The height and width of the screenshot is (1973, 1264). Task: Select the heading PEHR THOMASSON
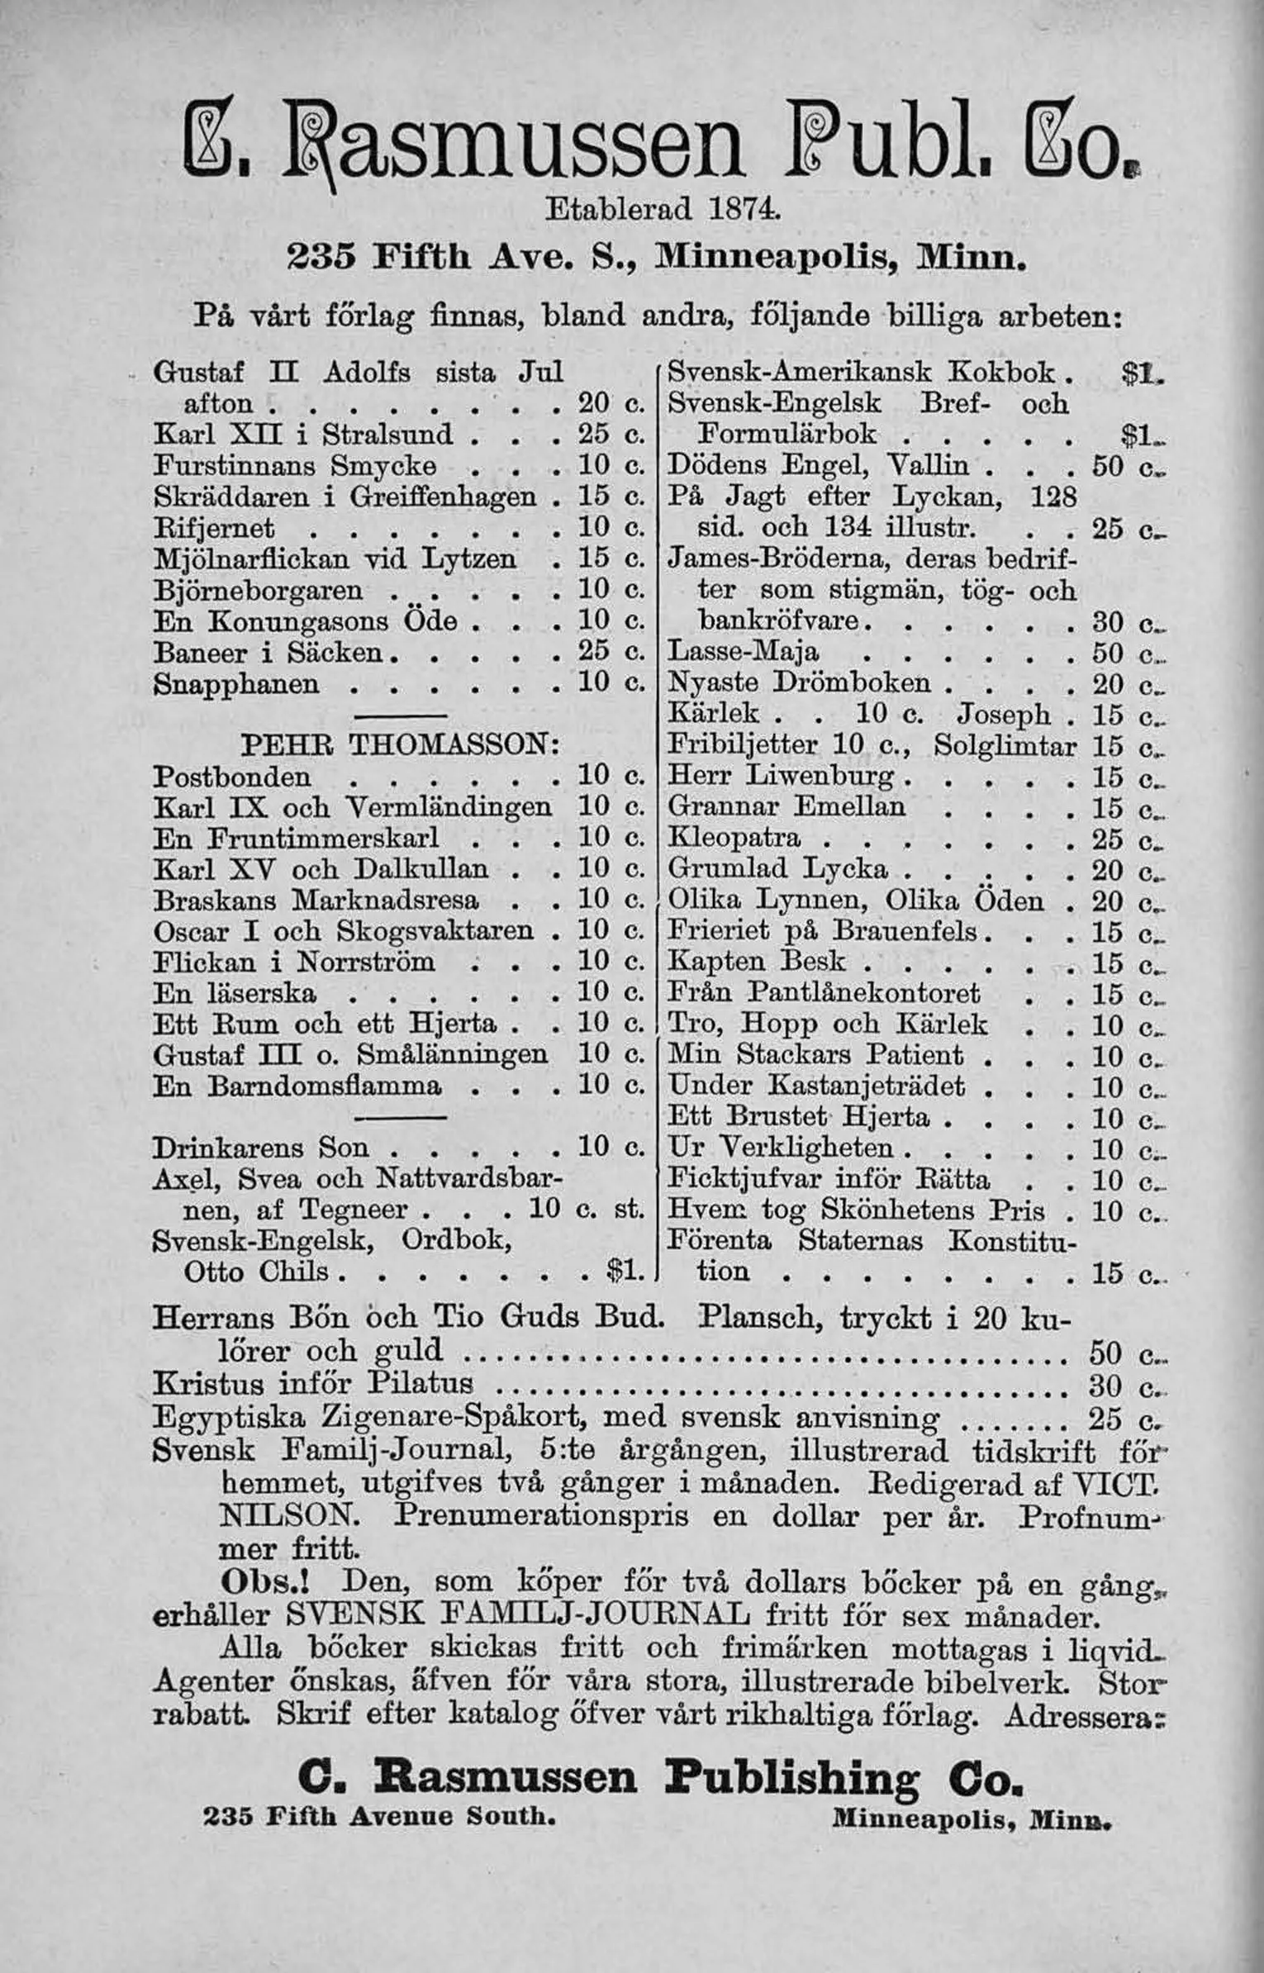click(402, 747)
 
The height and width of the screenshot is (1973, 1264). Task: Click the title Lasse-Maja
click(743, 653)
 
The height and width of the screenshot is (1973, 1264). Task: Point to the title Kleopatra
click(734, 839)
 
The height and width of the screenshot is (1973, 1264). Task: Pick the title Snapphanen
click(237, 685)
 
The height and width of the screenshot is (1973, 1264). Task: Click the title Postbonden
click(234, 777)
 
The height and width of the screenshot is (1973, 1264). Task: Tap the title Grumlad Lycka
click(777, 869)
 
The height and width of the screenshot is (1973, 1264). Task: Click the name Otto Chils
click(256, 1272)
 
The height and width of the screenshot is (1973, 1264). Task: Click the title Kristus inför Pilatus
click(314, 1383)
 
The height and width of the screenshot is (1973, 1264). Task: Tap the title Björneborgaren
click(259, 592)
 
